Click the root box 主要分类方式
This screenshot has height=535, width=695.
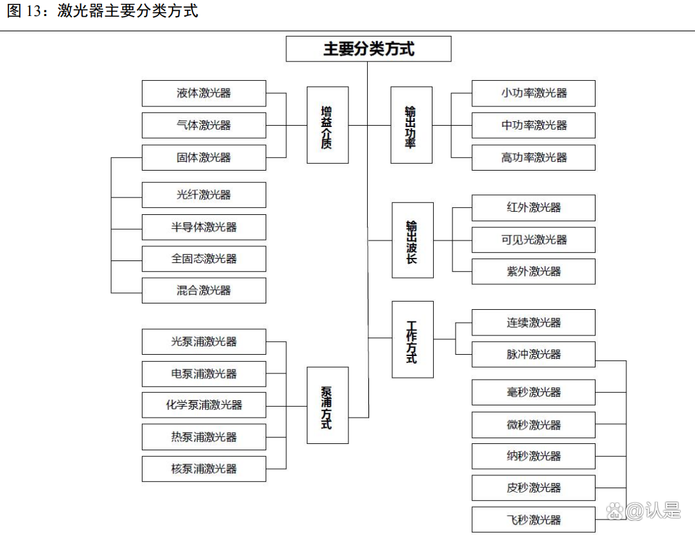(368, 49)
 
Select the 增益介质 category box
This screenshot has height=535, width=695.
(327, 125)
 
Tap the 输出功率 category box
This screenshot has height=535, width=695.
(411, 125)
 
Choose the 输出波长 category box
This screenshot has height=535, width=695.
(413, 240)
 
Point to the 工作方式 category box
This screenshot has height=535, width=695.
(413, 339)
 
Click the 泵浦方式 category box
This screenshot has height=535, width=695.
(327, 405)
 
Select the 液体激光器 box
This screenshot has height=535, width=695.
(203, 93)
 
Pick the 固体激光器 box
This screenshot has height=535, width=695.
(203, 157)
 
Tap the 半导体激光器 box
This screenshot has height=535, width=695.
(203, 227)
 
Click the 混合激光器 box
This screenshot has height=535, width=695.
(203, 291)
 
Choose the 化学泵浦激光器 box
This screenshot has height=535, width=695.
(203, 405)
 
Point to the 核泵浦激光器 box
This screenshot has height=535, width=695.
(203, 469)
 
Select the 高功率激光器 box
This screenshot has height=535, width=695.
(533, 157)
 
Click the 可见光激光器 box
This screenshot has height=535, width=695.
(533, 240)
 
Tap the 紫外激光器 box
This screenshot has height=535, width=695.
(533, 271)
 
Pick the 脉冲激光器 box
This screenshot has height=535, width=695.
(533, 354)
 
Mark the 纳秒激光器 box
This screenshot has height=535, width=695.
(533, 456)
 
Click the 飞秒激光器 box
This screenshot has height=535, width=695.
(533, 520)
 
